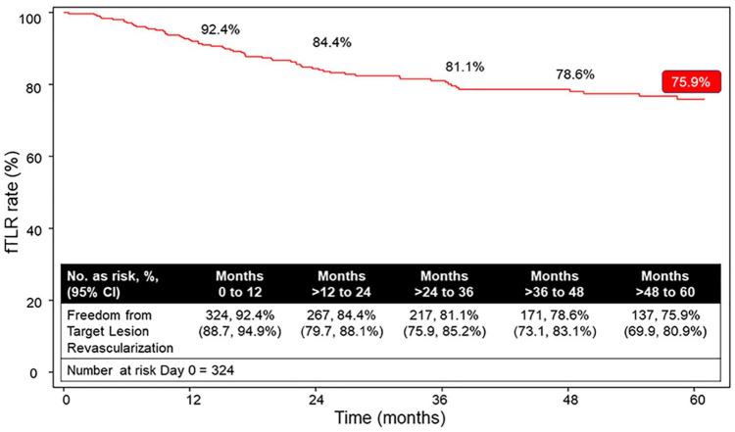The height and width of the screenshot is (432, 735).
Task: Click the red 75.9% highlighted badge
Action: click(691, 82)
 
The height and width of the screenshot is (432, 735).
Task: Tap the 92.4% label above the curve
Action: click(220, 29)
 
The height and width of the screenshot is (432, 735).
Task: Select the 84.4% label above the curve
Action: click(332, 43)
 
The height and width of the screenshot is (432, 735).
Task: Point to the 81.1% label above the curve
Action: click(465, 67)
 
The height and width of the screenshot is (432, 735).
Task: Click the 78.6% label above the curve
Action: click(575, 74)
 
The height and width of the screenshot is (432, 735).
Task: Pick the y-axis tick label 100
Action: click(31, 19)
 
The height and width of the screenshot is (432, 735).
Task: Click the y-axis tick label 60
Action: click(34, 157)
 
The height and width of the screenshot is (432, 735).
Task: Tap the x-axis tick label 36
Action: click(443, 400)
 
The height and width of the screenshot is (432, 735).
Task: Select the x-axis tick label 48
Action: click(569, 400)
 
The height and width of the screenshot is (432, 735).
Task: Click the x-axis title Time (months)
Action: click(390, 417)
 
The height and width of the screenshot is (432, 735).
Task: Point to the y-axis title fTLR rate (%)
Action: click(13, 203)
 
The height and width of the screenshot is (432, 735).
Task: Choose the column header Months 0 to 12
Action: click(239, 284)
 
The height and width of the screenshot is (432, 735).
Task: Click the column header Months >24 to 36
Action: click(444, 284)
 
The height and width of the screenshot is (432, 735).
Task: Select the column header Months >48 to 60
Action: click(664, 284)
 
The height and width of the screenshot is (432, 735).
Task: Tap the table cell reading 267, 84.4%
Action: click(341, 314)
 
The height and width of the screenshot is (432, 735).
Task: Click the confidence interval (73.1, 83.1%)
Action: click(555, 332)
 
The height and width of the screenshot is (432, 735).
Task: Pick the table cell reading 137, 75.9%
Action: click(664, 314)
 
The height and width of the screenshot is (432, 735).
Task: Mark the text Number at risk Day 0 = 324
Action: click(151, 370)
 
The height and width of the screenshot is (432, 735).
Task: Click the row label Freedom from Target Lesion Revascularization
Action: click(120, 332)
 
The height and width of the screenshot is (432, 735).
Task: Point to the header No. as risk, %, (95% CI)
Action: click(113, 284)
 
